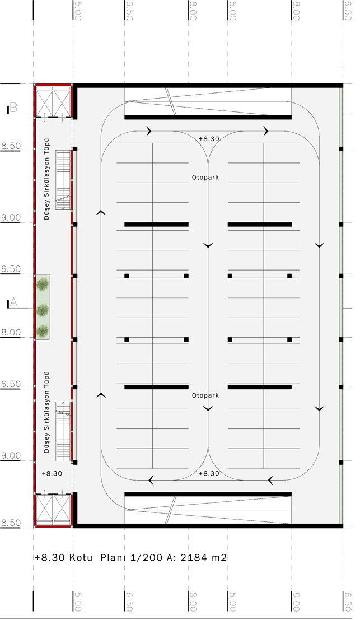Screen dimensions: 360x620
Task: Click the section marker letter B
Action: coord(13,108)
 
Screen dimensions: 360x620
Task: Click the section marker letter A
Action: coord(13,302)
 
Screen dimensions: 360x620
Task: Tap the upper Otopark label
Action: coord(205,178)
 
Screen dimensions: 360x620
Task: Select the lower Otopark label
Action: coord(205,395)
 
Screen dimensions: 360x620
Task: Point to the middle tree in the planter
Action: coord(43,310)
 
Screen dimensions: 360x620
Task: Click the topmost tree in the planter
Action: coord(43,284)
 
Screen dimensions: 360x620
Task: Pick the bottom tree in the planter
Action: coord(43,330)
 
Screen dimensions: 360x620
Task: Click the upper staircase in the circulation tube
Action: coord(63,180)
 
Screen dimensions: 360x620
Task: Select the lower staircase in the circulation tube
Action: coord(63,431)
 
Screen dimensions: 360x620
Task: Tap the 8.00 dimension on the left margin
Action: coord(10,332)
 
